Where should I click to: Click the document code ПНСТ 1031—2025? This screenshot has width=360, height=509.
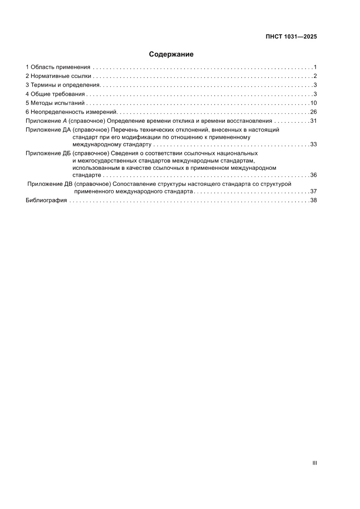point(291,37)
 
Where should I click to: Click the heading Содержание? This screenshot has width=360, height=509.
point(171,54)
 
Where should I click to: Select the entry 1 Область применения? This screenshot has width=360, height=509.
point(58,67)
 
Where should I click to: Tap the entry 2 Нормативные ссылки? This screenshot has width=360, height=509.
point(58,76)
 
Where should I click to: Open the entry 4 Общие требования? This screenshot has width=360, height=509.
point(55,94)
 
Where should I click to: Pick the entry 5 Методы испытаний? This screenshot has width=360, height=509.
point(55,103)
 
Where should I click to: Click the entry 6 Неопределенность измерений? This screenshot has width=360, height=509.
point(71,112)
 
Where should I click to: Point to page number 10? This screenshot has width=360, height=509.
point(313,103)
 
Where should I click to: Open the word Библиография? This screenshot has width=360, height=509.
point(46,200)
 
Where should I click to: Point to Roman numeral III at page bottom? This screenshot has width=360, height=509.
point(314,463)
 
